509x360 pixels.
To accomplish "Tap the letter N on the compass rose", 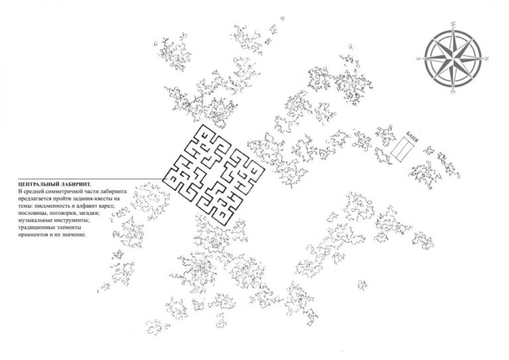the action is pyautogui.click(x=486, y=59).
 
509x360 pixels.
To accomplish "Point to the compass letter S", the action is pyautogui.click(x=418, y=59).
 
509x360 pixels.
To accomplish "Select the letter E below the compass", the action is pyautogui.click(x=453, y=93).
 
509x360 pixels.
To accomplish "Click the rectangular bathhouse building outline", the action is pyautogui.click(x=402, y=149).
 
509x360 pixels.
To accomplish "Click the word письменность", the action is pyautogui.click(x=46, y=206).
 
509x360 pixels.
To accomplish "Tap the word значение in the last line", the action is pyautogui.click(x=75, y=235).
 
